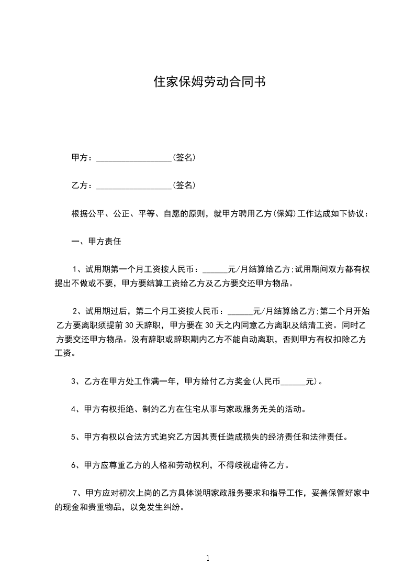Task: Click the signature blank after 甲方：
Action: tap(134, 158)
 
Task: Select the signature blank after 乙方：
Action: tap(134, 186)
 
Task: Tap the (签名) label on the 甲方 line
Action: tap(184, 157)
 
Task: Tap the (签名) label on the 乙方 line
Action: tap(184, 186)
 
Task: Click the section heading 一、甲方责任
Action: tap(96, 242)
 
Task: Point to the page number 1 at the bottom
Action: tap(208, 558)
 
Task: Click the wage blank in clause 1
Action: tap(215, 270)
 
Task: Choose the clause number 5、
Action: tap(75, 437)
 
